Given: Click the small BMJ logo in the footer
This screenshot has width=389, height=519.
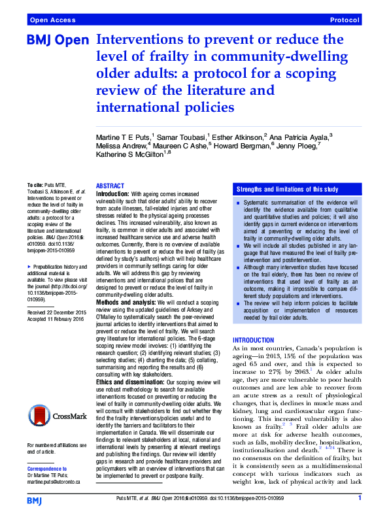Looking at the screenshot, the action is (35, 500).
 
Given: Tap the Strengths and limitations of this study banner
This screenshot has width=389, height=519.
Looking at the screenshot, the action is (287, 189).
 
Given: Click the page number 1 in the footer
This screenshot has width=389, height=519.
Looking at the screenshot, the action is (360, 499).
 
